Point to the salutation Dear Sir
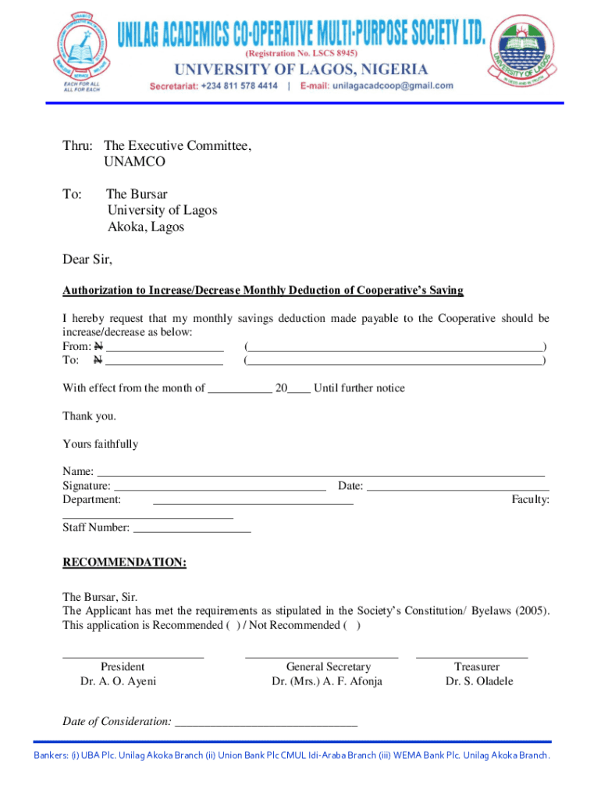point(87,259)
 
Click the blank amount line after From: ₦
point(165,348)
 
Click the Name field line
point(320,473)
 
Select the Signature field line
point(219,487)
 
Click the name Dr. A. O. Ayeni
point(118,681)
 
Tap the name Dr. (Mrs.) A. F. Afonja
point(327,681)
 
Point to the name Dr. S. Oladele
point(479,681)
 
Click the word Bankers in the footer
point(51,755)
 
